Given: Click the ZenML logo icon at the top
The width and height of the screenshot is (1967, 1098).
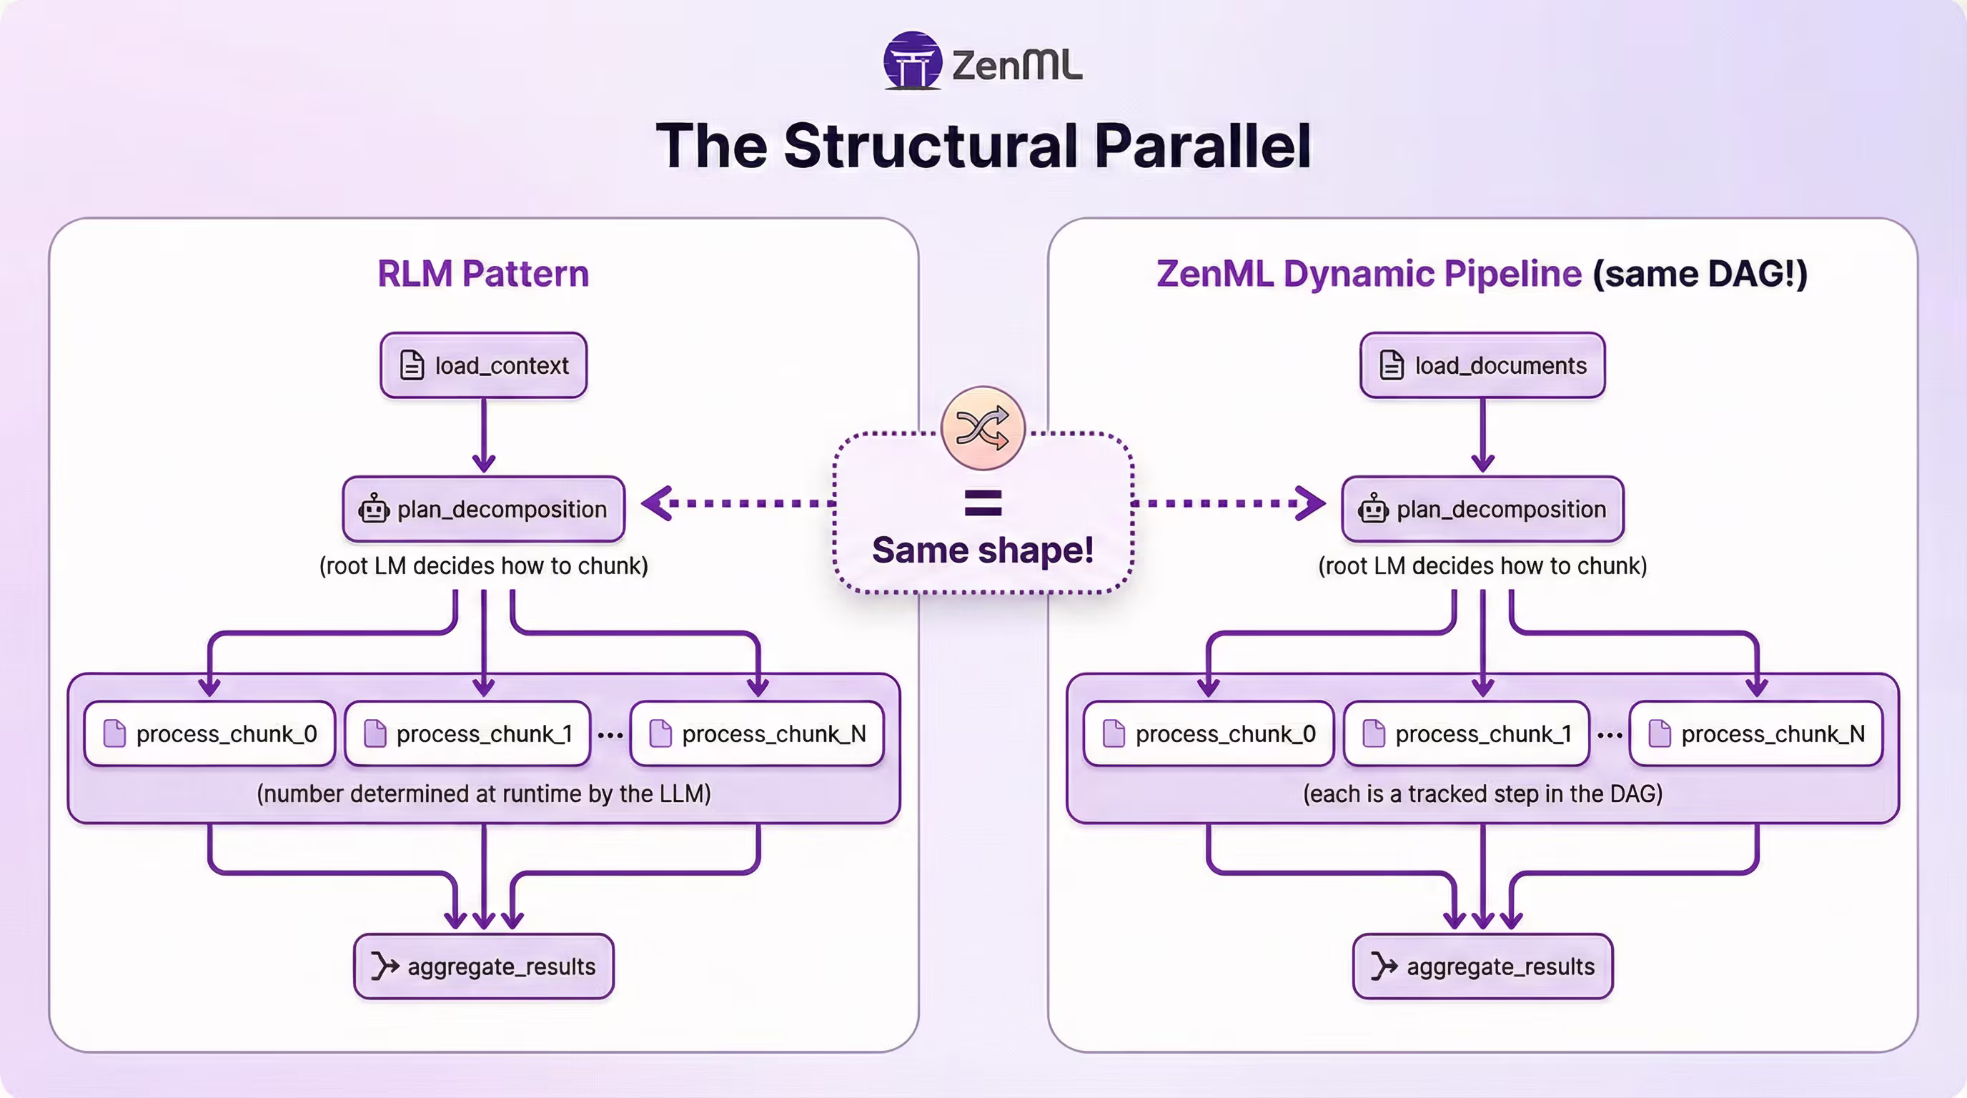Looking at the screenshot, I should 912,61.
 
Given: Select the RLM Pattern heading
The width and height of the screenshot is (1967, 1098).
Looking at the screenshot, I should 483,273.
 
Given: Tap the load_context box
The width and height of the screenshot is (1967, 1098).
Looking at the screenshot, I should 483,366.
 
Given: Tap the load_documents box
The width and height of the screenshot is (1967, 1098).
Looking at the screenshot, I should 1482,366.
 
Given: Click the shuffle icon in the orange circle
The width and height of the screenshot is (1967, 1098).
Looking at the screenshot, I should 983,428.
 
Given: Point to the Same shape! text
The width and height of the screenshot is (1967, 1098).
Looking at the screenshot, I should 983,550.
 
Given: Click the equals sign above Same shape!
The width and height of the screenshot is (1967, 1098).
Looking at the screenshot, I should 983,503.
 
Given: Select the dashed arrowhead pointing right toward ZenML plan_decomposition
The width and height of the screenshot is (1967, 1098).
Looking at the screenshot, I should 1311,503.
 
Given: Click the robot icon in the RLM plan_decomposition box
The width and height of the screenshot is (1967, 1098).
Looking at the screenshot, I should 374,508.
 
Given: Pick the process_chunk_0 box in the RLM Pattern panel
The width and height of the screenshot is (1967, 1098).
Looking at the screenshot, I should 210,733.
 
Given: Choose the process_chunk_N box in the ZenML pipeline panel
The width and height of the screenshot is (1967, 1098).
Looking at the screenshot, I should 1756,733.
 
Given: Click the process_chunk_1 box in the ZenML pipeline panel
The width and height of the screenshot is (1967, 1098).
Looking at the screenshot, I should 1467,733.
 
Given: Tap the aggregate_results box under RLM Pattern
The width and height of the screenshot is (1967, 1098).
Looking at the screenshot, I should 483,966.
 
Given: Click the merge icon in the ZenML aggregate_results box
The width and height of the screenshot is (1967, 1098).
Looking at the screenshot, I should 1383,966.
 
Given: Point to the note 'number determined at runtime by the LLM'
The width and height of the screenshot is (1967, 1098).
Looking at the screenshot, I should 483,794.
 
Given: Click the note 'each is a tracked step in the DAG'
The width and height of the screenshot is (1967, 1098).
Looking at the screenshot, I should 1482,794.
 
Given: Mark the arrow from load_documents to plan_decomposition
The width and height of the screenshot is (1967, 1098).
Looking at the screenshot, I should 1482,435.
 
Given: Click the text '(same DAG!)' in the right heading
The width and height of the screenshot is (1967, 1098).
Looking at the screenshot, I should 1700,273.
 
